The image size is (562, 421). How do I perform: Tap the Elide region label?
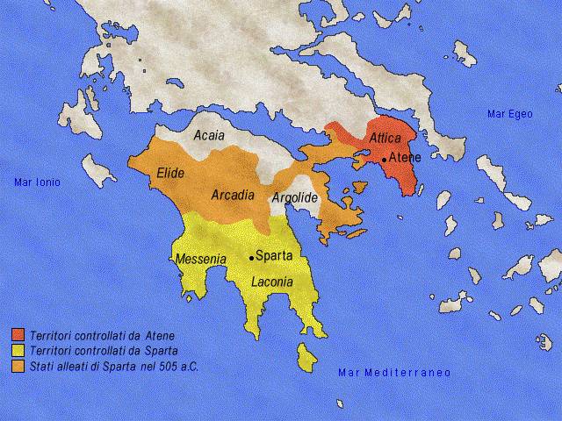click(x=169, y=174)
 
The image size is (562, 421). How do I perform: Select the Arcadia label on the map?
click(x=233, y=195)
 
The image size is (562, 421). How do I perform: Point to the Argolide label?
click(x=294, y=198)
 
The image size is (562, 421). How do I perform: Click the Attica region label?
click(x=385, y=139)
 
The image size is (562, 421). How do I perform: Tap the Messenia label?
click(x=201, y=260)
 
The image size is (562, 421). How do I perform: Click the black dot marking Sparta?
click(x=251, y=258)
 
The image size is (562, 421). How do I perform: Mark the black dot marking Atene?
click(x=384, y=160)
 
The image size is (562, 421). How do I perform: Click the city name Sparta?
click(x=273, y=257)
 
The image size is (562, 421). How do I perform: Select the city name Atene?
click(x=405, y=158)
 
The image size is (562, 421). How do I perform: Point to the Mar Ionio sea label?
click(x=36, y=182)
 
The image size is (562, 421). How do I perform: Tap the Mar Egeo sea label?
click(x=509, y=114)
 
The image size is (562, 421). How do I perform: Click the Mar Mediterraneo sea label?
click(x=394, y=373)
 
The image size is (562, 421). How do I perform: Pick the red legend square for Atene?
click(x=18, y=335)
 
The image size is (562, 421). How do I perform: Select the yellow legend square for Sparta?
click(x=18, y=350)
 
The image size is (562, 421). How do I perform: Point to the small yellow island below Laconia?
click(x=307, y=358)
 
